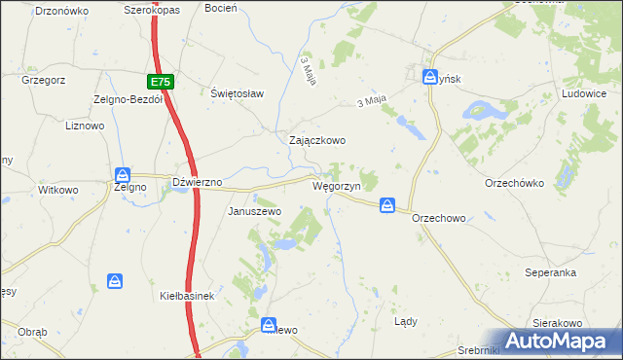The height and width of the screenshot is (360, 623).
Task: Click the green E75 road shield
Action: click(162, 83)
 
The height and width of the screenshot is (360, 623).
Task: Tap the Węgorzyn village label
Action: click(337, 185)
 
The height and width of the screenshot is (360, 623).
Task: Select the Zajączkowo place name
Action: click(317, 140)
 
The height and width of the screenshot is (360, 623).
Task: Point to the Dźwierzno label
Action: click(198, 182)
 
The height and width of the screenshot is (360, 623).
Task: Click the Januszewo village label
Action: click(254, 211)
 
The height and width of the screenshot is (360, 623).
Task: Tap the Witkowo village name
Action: click(57, 190)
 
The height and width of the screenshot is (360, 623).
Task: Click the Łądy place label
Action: click(405, 320)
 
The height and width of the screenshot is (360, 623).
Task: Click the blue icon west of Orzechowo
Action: click(387, 205)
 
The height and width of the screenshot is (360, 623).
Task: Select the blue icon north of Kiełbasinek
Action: click(116, 281)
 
